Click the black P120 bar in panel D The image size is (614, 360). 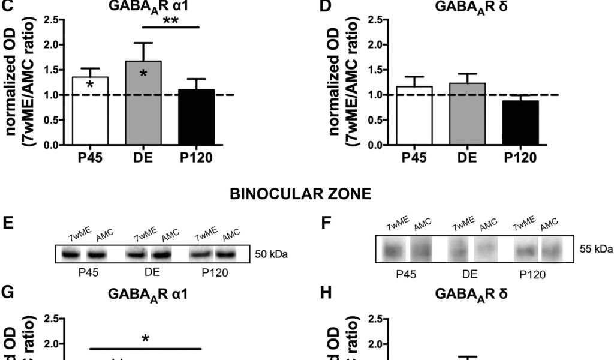pyautogui.click(x=520, y=123)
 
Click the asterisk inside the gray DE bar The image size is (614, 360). pyautogui.click(x=144, y=74)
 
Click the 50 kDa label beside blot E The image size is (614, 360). pyautogui.click(x=272, y=254)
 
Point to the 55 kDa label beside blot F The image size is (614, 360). pyautogui.click(x=597, y=250)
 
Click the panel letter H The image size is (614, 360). pyautogui.click(x=326, y=295)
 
